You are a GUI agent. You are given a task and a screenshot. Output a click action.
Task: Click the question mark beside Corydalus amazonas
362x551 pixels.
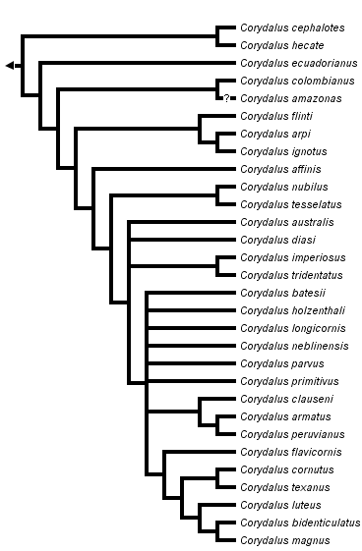225,98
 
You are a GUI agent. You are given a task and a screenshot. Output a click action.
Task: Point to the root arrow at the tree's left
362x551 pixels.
10,65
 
